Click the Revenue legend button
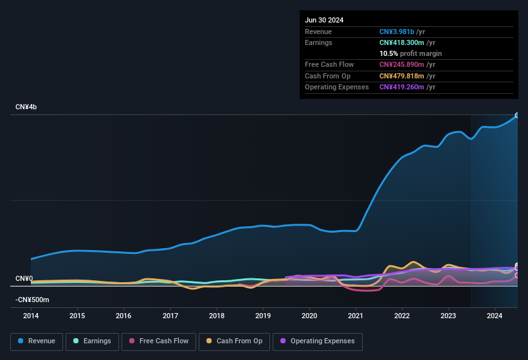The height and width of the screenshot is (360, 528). click(x=37, y=341)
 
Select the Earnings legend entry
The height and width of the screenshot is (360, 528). click(x=91, y=341)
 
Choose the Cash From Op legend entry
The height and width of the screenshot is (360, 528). click(x=235, y=341)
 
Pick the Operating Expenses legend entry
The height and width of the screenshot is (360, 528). click(x=318, y=341)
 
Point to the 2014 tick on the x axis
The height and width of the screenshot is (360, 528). click(x=31, y=316)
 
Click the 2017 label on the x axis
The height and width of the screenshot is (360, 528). click(x=170, y=316)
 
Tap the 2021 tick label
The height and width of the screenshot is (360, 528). click(x=356, y=316)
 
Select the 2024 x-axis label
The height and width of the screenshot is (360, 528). click(x=495, y=316)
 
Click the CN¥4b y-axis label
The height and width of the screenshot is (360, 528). click(x=26, y=107)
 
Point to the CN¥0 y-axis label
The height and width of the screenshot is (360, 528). click(x=24, y=278)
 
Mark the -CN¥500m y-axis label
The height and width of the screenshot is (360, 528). click(x=32, y=300)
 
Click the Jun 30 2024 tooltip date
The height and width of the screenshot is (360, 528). click(x=324, y=20)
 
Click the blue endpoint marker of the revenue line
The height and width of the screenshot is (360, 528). click(x=517, y=116)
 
